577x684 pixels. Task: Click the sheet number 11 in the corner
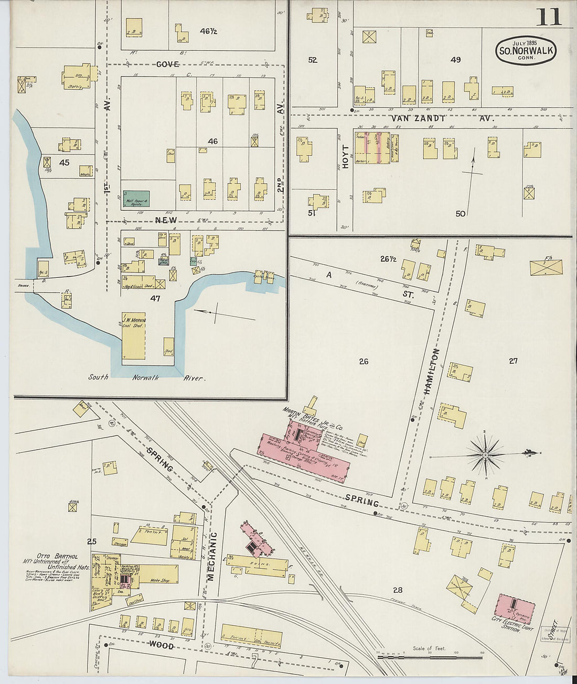(x=548, y=17)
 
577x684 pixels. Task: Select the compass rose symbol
(x=486, y=454)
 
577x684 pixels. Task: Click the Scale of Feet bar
(x=430, y=656)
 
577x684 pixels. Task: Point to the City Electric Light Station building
(x=515, y=609)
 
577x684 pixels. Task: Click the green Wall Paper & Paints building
(x=136, y=199)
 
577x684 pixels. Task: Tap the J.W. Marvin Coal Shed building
(x=134, y=335)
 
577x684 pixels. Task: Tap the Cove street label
(x=167, y=64)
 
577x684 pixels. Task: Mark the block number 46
(x=212, y=141)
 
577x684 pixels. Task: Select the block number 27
(x=513, y=361)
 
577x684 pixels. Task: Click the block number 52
(x=313, y=60)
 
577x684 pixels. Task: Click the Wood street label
(x=162, y=646)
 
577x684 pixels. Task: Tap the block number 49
(x=455, y=60)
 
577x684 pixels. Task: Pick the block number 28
(x=397, y=590)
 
